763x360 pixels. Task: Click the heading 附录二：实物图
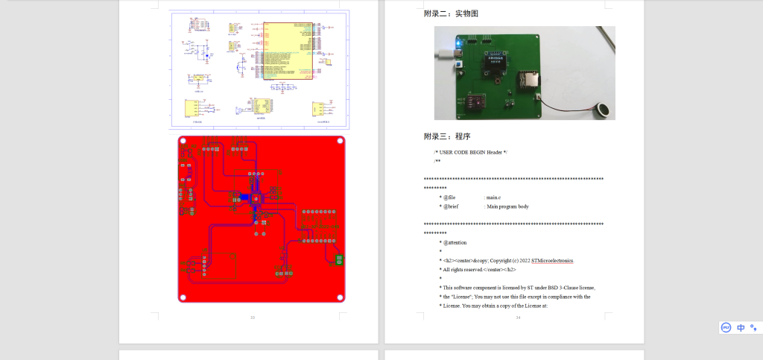[451, 13]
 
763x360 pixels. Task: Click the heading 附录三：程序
[447, 136]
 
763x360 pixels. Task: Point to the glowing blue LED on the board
[459, 45]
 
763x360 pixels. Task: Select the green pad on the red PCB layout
[340, 259]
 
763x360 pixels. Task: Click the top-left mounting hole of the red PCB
[183, 141]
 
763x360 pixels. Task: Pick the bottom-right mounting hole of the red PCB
[340, 297]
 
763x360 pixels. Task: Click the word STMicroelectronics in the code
[553, 260]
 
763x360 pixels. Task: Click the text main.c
[493, 197]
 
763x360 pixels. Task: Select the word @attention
[455, 242]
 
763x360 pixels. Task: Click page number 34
[518, 318]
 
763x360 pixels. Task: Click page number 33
[252, 318]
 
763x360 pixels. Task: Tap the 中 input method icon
[741, 327]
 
